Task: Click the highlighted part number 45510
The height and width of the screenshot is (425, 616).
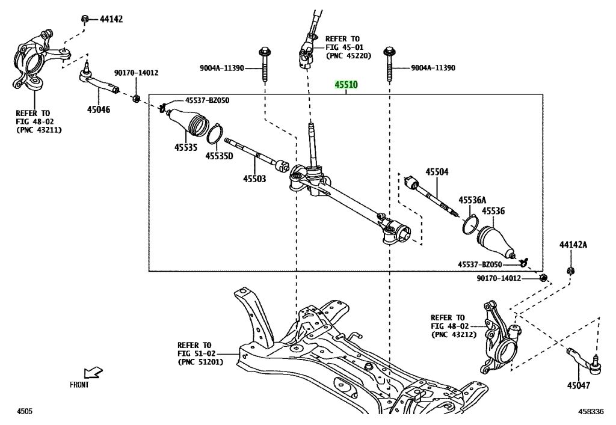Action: [346, 85]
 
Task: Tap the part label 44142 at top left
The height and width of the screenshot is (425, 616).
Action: [111, 19]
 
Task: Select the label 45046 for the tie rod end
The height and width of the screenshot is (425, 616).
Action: [99, 109]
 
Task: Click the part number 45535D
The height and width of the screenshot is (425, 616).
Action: [219, 156]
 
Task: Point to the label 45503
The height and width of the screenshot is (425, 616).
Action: [254, 179]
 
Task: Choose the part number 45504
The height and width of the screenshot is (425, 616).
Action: [437, 172]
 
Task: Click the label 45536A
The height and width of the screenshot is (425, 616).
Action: [472, 200]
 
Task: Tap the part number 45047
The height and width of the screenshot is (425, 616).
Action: [578, 385]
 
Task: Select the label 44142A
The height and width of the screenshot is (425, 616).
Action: [573, 245]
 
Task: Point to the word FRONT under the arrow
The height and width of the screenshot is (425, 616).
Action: [79, 385]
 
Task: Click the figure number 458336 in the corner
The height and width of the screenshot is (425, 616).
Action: [591, 412]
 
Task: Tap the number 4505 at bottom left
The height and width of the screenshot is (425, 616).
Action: [24, 411]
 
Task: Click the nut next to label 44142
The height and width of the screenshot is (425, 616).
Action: [85, 19]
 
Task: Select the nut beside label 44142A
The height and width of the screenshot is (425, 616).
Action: [570, 271]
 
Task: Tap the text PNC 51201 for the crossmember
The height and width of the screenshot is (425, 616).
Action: [200, 362]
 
